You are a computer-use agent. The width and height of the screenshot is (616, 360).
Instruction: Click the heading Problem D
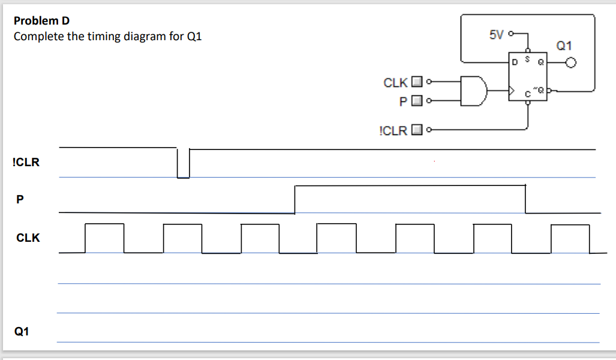click(x=41, y=21)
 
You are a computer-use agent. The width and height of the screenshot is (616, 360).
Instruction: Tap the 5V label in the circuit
click(x=497, y=35)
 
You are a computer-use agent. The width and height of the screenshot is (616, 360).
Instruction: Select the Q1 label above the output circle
click(x=564, y=45)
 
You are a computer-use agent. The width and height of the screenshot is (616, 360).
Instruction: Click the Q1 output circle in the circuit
click(x=571, y=62)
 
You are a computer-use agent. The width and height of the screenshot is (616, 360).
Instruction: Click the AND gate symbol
click(x=474, y=91)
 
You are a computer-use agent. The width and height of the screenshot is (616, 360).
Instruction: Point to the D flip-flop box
click(x=527, y=78)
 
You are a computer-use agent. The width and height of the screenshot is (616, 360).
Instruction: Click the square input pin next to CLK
click(x=418, y=82)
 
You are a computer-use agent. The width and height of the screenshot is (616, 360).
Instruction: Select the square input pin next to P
click(x=418, y=100)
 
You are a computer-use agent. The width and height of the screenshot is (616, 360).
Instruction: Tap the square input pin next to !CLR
click(x=418, y=129)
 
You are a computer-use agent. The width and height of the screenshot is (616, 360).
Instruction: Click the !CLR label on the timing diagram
click(x=26, y=161)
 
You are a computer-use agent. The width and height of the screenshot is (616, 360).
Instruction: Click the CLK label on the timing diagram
click(x=28, y=238)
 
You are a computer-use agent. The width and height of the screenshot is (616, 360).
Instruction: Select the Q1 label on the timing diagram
click(x=22, y=331)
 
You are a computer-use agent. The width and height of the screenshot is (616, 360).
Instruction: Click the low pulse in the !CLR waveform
click(x=184, y=164)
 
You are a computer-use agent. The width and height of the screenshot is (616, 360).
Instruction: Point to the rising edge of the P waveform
click(x=295, y=199)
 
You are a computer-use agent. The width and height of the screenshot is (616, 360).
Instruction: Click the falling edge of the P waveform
click(x=525, y=199)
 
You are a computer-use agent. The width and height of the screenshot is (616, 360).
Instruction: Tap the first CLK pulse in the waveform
click(x=104, y=238)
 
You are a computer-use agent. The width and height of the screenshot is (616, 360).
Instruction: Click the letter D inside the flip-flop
click(x=514, y=62)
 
